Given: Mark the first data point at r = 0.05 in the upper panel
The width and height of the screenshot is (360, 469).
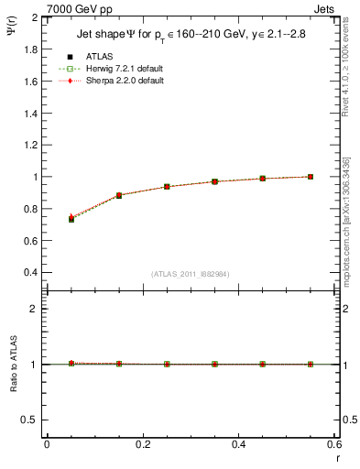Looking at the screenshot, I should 71,219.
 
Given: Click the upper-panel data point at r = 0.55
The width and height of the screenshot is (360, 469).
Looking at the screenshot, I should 311,177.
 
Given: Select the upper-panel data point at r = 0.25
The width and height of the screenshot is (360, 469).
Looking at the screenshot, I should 167,187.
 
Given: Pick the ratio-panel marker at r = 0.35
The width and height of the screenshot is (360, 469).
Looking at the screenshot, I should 214,364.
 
